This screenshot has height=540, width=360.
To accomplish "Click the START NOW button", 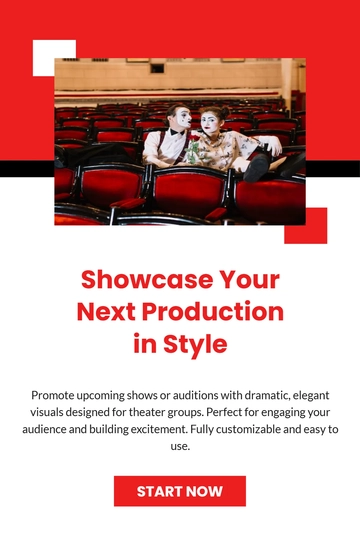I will tap(180, 491).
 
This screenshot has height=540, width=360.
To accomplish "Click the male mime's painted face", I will tap(180, 120).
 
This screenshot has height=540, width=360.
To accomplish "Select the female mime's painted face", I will tap(211, 123).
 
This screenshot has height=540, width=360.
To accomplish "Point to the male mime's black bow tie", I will tap(178, 133).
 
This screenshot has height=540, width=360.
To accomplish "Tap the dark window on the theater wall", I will tap(157, 68).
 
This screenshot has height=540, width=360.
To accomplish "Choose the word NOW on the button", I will tap(204, 491).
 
